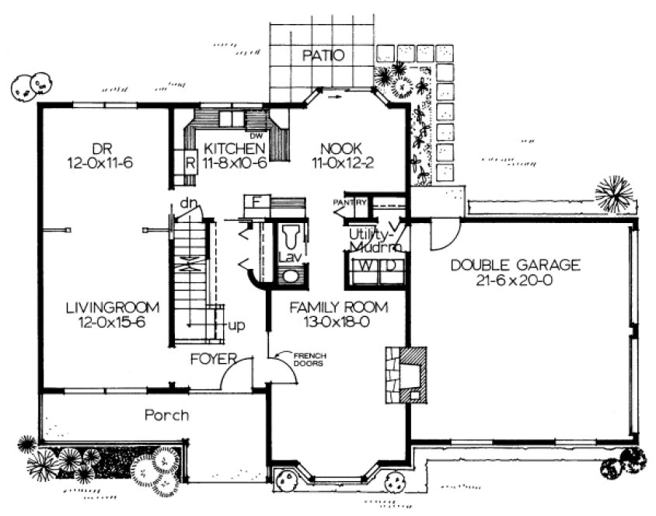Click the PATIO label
(x=322, y=55)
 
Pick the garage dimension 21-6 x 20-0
(x=516, y=281)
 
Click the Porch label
(x=166, y=416)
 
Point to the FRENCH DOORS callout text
(x=310, y=360)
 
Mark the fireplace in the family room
(x=405, y=375)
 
